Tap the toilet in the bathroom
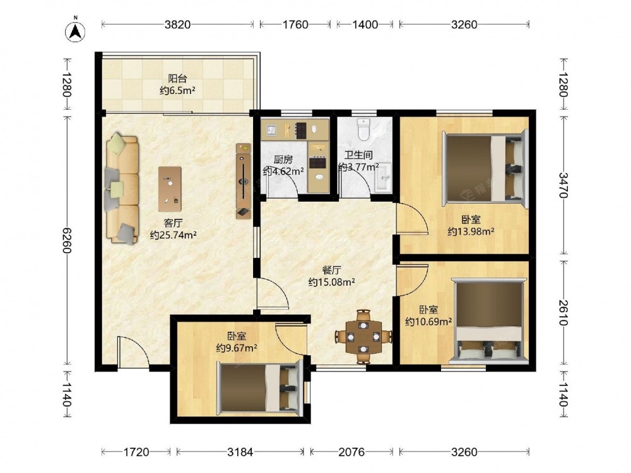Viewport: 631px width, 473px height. (364, 129)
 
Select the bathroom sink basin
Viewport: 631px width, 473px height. (384, 177)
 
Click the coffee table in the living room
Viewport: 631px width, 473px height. (170, 189)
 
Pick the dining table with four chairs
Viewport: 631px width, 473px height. (363, 336)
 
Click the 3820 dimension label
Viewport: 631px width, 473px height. (177, 25)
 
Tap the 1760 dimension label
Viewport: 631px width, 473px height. (295, 25)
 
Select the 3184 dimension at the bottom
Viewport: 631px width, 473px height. (240, 452)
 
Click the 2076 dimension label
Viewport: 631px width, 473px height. (351, 452)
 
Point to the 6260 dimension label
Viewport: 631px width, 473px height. (67, 240)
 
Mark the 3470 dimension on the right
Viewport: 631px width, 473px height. (563, 185)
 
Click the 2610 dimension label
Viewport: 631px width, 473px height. (563, 313)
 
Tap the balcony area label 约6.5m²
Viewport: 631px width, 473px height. (177, 91)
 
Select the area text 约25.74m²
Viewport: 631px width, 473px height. (174, 235)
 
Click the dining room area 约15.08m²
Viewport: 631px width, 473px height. (332, 282)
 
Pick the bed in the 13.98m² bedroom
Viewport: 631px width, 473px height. (485, 168)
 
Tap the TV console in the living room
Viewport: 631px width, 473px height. (243, 181)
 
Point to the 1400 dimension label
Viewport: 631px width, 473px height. (365, 25)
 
